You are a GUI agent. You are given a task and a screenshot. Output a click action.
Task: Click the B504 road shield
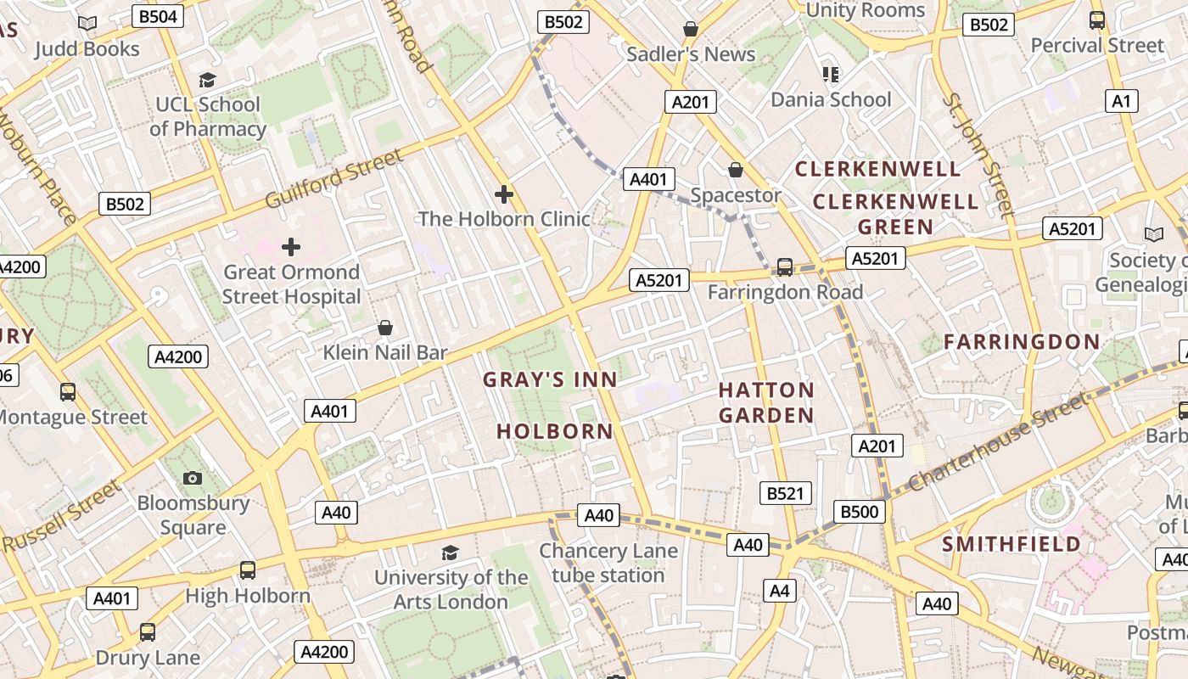tap(159, 16)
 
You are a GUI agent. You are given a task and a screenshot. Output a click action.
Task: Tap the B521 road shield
tap(785, 493)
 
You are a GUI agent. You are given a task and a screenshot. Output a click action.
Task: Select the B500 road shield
tap(860, 512)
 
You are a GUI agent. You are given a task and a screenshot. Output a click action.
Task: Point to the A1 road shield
tap(1122, 102)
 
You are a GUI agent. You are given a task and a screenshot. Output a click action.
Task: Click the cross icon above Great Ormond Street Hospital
tap(291, 247)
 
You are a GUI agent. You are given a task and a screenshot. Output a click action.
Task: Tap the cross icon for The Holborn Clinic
tap(504, 194)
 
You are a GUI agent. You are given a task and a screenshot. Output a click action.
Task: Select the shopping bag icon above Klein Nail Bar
tap(385, 328)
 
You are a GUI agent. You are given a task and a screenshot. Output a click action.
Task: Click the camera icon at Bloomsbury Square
tap(193, 478)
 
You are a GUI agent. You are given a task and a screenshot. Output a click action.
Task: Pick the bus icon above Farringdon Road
tap(785, 267)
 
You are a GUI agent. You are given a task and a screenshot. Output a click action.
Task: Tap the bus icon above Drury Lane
tap(148, 632)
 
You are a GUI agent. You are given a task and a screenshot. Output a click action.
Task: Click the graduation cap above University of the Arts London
tap(450, 553)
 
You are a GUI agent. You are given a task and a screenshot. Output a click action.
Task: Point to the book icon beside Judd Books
tap(87, 24)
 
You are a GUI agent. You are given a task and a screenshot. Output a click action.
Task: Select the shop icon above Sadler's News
tap(691, 30)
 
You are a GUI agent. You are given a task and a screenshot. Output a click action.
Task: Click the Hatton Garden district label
tap(766, 402)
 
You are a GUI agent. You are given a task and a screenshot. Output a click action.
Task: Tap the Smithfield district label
tap(1011, 544)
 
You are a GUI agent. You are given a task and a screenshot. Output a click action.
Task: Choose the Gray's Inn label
tap(550, 379)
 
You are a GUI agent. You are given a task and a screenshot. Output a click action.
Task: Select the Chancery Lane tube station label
tap(608, 563)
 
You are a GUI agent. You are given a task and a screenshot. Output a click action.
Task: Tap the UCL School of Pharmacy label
tap(208, 116)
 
